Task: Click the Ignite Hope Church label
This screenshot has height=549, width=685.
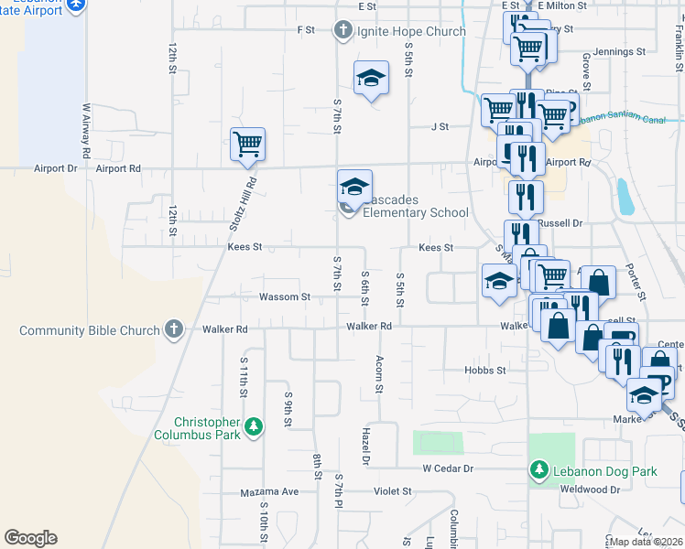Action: click(x=411, y=31)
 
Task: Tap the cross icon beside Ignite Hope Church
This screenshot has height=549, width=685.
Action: click(x=343, y=31)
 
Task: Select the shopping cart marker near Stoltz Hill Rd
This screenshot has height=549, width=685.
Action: click(x=247, y=145)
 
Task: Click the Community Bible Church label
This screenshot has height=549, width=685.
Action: click(x=89, y=329)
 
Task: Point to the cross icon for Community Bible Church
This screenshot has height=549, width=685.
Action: click(x=173, y=329)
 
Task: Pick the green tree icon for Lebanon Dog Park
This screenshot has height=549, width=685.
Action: click(x=539, y=471)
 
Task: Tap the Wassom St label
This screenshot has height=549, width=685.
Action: click(x=285, y=296)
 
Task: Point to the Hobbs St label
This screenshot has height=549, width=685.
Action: click(x=485, y=370)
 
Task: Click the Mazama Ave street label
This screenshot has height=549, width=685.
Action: click(x=270, y=491)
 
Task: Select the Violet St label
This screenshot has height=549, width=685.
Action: click(x=393, y=490)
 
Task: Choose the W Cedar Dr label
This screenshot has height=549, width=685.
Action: click(x=447, y=468)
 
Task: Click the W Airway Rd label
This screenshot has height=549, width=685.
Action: click(x=86, y=133)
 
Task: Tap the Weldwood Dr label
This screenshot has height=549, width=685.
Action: click(x=587, y=490)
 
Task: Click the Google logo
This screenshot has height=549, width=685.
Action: click(x=30, y=538)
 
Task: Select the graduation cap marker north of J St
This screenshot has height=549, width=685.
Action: click(x=371, y=79)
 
